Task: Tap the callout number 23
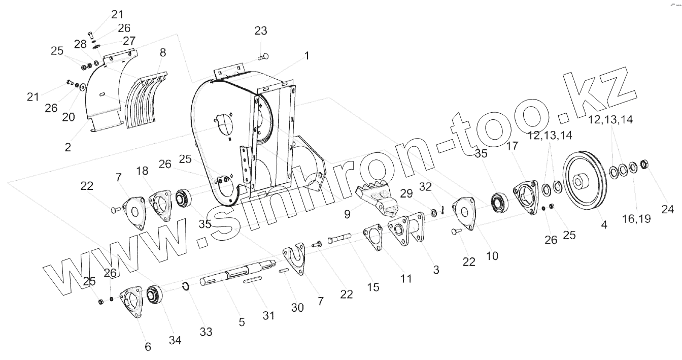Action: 260,31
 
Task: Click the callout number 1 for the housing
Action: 306,56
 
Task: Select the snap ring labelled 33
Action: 186,287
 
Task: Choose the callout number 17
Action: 512,146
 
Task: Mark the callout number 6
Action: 148,347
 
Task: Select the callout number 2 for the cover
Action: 67,147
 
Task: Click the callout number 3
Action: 436,270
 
